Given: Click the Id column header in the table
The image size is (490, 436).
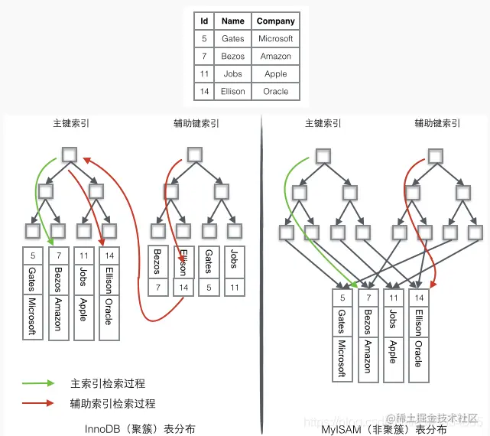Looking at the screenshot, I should (204, 21).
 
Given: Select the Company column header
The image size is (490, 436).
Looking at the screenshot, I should (275, 21).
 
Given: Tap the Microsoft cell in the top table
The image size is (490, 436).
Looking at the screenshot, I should (275, 39).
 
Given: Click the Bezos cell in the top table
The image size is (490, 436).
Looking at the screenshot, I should (233, 57).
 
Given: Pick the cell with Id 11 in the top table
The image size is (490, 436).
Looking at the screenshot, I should (204, 74).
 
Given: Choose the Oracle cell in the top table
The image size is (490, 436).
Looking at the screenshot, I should (275, 92).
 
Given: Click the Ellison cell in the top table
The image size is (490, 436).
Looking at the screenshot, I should (233, 92).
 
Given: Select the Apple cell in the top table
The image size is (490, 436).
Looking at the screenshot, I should (275, 74).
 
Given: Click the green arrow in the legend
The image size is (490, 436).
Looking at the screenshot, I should (39, 382).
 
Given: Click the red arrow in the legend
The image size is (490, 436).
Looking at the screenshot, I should (39, 402).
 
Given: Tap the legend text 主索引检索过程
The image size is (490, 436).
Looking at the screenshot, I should (108, 383).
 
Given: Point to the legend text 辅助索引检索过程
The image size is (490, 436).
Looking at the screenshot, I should (113, 403).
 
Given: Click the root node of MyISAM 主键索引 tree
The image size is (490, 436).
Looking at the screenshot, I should (323, 155).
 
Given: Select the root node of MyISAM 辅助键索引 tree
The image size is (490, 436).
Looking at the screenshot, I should (435, 155).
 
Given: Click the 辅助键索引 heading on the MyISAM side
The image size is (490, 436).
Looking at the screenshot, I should (437, 123).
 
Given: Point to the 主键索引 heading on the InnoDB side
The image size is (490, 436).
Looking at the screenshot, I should (70, 123).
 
